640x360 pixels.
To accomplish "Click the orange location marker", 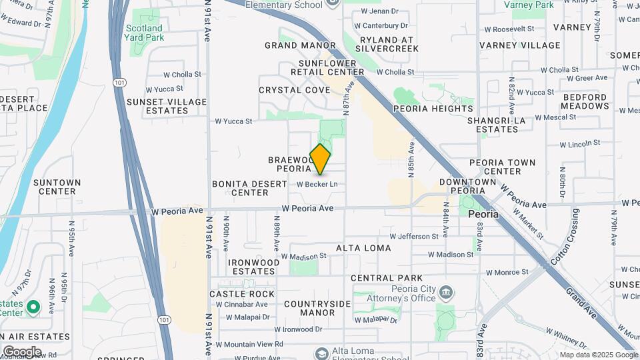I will (x=321, y=159).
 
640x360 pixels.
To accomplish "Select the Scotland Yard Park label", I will (x=143, y=33).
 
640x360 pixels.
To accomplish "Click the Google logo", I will (x=22, y=352).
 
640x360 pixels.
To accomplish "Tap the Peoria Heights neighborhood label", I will (x=433, y=109).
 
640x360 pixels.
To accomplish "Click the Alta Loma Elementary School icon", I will (x=322, y=353).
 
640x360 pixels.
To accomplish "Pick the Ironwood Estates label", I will (x=252, y=267).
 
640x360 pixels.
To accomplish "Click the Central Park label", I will (x=387, y=278).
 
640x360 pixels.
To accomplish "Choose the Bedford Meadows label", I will (x=585, y=101).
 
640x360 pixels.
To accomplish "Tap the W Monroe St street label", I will (x=507, y=272).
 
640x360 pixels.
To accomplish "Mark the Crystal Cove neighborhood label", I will (x=295, y=90).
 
